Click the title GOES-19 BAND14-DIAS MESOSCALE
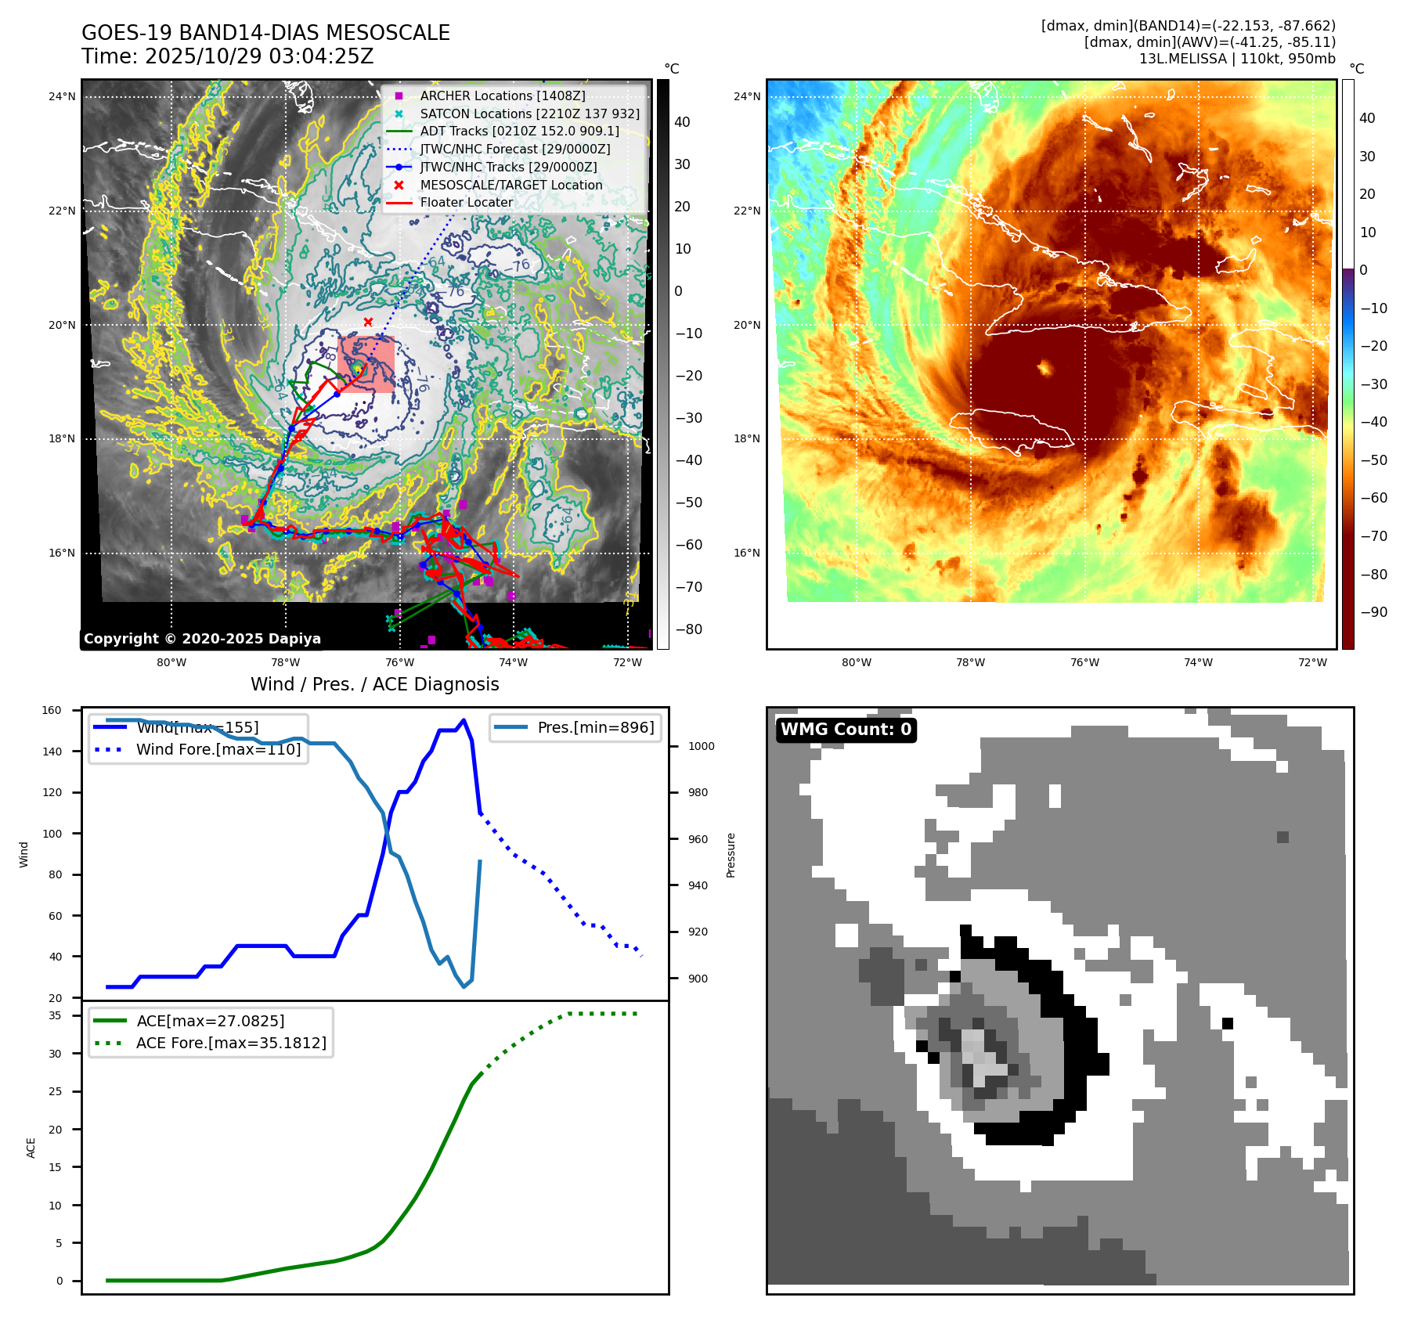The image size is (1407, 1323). [x=265, y=33]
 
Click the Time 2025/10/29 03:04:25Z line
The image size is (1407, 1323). [x=227, y=56]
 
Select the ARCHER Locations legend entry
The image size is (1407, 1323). [x=502, y=96]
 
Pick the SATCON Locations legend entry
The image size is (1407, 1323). [x=529, y=114]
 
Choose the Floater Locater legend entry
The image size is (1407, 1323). [x=466, y=202]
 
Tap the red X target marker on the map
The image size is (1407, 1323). [x=368, y=322]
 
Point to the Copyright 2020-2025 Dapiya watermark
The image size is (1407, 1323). [x=202, y=639]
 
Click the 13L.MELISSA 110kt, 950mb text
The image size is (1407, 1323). [x=1237, y=59]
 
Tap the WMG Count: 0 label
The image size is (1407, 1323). [x=846, y=730]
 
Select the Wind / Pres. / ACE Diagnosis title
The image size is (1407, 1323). [x=374, y=684]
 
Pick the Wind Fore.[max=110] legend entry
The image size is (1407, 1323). [x=218, y=749]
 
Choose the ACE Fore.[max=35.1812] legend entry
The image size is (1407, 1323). [x=231, y=1043]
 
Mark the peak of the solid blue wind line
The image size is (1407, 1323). [x=464, y=720]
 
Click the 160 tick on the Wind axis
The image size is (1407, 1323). [x=52, y=711]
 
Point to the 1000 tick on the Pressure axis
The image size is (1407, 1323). [x=701, y=746]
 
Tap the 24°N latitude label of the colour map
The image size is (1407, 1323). [x=746, y=97]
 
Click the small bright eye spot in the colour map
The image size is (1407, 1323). [x=1044, y=367]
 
